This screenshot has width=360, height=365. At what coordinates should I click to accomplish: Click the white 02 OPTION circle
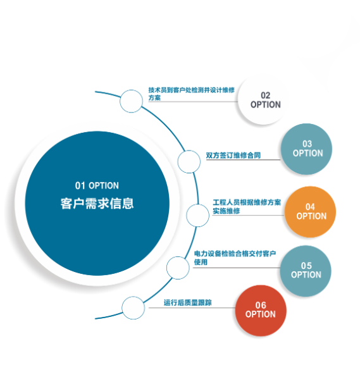click(263, 100)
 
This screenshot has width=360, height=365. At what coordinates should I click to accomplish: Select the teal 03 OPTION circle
click(306, 149)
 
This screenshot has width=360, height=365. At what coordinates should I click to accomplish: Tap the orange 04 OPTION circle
click(310, 212)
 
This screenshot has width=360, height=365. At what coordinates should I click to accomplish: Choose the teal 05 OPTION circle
click(306, 271)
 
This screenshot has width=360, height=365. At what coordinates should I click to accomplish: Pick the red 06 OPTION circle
click(261, 311)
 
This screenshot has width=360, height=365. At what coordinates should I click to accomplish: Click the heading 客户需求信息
click(97, 204)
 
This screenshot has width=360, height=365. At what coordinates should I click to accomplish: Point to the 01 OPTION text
click(97, 185)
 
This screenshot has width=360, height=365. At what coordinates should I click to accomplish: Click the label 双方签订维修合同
click(233, 155)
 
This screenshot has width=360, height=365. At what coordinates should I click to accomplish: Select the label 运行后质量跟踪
click(187, 302)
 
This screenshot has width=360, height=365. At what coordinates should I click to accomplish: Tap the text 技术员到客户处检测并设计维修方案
click(192, 94)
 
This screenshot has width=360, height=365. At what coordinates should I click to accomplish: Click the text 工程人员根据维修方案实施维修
click(247, 206)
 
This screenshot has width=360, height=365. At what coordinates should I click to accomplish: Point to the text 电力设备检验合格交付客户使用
click(235, 257)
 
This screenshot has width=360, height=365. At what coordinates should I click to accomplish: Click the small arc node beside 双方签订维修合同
click(189, 162)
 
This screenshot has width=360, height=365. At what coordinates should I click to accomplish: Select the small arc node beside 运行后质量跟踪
click(133, 307)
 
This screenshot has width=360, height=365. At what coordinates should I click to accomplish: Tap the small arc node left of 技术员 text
click(132, 101)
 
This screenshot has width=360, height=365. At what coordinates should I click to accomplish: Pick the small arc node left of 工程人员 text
click(197, 216)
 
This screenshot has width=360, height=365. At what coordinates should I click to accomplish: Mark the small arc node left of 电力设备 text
click(178, 268)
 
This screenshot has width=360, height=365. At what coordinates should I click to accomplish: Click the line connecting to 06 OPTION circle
click(192, 307)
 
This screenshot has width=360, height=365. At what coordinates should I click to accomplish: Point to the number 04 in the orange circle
click(310, 207)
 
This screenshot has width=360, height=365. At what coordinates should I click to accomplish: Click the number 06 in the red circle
click(261, 305)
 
